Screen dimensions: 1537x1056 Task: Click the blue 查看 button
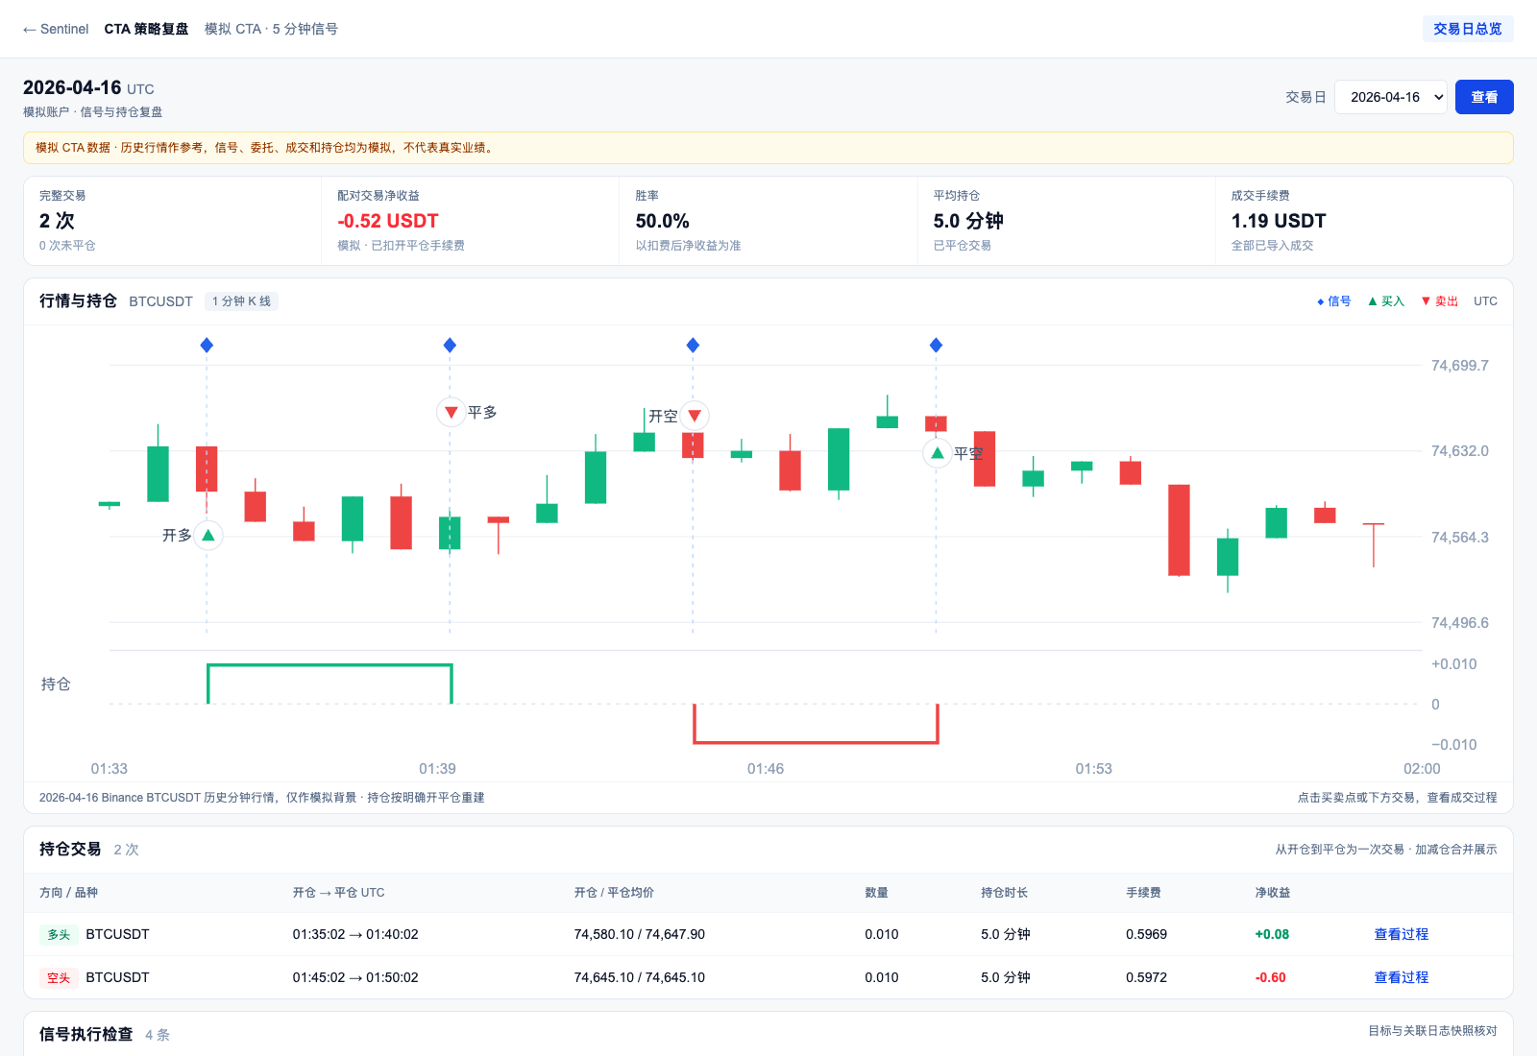point(1483,97)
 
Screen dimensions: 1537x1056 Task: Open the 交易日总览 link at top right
point(1467,29)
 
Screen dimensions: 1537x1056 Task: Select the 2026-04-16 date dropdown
point(1391,97)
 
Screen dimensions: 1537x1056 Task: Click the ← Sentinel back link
point(56,29)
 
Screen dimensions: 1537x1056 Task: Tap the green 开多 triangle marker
point(208,536)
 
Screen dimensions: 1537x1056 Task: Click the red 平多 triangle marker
point(451,413)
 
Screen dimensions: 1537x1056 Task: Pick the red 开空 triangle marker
point(695,416)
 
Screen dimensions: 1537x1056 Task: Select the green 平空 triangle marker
point(938,453)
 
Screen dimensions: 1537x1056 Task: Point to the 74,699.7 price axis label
point(1459,366)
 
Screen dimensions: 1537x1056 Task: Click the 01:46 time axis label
point(765,769)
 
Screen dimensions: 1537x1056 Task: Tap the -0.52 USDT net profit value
point(388,221)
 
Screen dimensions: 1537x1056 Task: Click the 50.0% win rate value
point(662,221)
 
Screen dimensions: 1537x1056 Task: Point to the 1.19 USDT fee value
point(1279,221)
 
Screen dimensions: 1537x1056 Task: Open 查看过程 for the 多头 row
point(1402,934)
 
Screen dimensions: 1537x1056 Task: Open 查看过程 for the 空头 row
point(1402,977)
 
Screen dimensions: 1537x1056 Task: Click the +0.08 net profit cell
point(1272,934)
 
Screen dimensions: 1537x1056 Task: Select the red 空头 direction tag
point(59,977)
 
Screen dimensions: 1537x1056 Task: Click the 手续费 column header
point(1143,892)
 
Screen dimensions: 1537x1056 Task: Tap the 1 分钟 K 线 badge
point(241,301)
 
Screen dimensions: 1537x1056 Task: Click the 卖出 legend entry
point(1440,301)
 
